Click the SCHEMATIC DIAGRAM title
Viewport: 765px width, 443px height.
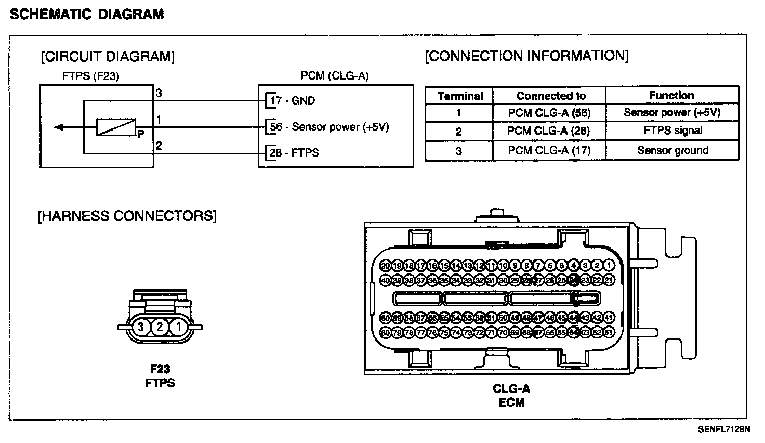87,15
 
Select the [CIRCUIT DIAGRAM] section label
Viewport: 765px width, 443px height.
108,56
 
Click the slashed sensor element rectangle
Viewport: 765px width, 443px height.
115,127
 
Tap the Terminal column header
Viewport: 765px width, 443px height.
459,96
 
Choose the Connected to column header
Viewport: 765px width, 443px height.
550,96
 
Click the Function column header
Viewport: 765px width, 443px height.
671,95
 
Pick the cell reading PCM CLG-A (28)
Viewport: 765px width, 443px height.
549,131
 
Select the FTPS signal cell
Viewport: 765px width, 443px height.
672,131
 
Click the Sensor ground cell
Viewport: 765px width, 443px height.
672,150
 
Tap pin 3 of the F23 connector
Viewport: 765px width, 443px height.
140,327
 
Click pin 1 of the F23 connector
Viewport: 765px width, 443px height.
178,327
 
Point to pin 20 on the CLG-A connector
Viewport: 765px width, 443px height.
386,266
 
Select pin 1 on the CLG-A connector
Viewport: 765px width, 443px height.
609,266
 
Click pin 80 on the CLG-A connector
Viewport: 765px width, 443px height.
386,332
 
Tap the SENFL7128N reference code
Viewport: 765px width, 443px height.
724,429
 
